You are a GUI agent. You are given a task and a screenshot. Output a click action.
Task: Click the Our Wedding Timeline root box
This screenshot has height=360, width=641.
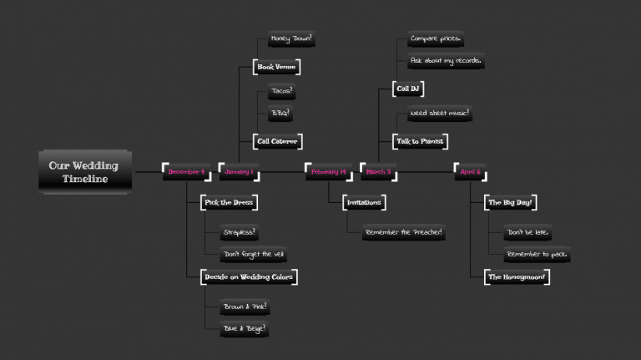tap(83, 172)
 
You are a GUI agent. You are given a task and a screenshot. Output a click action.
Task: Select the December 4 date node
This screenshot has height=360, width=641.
tap(186, 172)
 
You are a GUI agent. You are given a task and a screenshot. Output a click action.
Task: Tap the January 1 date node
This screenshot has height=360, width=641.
tap(238, 172)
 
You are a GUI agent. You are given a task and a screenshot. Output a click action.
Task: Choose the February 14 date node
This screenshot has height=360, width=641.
tap(326, 172)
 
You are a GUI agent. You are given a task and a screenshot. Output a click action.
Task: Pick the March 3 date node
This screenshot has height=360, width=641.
tap(378, 172)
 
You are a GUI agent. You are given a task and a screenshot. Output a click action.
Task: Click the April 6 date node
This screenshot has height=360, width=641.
tap(471, 172)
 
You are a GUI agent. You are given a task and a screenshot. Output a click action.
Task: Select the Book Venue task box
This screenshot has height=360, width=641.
tap(276, 67)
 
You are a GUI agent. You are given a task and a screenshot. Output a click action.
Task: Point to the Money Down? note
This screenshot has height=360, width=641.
tap(291, 38)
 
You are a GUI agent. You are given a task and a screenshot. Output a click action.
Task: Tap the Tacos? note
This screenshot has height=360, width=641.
tap(282, 91)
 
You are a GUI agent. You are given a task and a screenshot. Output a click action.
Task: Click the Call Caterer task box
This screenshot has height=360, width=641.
tap(276, 141)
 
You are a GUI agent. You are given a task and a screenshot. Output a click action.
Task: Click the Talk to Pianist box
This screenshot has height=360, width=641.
tap(420, 141)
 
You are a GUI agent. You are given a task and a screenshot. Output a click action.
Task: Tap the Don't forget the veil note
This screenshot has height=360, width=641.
tap(255, 254)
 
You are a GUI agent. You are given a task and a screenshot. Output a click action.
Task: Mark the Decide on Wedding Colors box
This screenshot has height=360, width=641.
tap(250, 276)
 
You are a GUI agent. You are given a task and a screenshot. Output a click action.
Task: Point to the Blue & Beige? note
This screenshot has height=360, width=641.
tap(245, 329)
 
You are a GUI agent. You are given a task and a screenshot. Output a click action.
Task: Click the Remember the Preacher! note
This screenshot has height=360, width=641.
tap(403, 232)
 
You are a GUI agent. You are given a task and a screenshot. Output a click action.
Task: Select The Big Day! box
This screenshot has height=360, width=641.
tap(510, 202)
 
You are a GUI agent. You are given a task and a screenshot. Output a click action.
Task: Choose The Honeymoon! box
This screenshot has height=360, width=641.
tap(517, 276)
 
